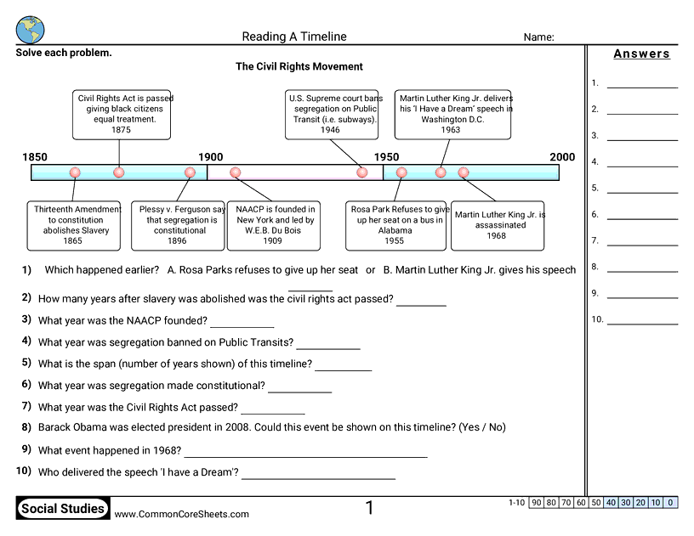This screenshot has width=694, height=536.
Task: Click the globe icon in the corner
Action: click(30, 29)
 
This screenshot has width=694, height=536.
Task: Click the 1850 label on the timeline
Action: click(35, 157)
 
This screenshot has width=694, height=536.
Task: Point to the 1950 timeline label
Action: click(386, 157)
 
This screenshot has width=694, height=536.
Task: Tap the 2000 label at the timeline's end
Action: click(562, 157)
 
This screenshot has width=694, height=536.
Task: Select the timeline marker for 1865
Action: click(75, 172)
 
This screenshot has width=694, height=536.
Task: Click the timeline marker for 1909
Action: click(236, 172)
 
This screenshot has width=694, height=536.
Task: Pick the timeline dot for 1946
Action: click(362, 172)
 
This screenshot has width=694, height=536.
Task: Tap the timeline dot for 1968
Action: click(464, 172)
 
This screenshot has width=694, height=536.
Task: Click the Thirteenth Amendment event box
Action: click(73, 225)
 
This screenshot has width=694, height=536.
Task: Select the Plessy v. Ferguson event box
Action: click(178, 225)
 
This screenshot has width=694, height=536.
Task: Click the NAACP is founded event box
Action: click(273, 225)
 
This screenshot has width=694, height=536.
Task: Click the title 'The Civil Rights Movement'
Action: click(299, 67)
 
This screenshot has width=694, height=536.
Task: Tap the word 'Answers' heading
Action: click(642, 54)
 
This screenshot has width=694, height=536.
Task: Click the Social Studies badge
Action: click(64, 510)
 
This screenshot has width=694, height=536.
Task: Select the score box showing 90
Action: click(536, 503)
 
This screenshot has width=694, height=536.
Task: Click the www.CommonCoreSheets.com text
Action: click(182, 514)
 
